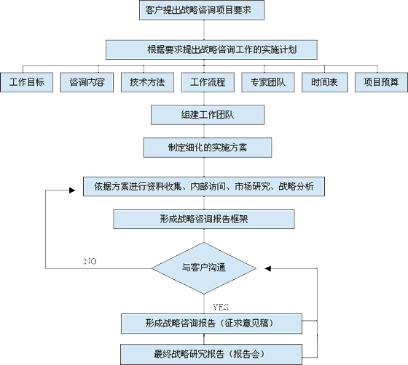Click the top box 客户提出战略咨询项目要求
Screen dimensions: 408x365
pyautogui.click(x=202, y=10)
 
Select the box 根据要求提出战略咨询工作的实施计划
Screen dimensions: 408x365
pyautogui.click(x=211, y=49)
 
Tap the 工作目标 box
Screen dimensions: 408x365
pyautogui.click(x=26, y=82)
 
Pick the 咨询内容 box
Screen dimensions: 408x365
pyautogui.click(x=87, y=82)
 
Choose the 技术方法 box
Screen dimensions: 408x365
pyautogui.click(x=147, y=82)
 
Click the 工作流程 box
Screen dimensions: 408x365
pyautogui.click(x=208, y=82)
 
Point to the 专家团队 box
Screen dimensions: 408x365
pyautogui.click(x=268, y=82)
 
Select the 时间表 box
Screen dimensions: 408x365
pyautogui.click(x=324, y=82)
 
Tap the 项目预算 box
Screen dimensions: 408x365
pyautogui.click(x=381, y=82)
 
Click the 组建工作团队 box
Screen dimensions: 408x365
pyautogui.click(x=208, y=115)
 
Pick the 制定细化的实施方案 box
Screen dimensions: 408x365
pyautogui.click(x=208, y=148)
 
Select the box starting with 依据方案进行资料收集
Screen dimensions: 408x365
pyautogui.click(x=204, y=186)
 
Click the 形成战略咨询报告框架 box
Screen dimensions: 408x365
pyautogui.click(x=204, y=219)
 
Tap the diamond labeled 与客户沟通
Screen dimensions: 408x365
pyautogui.click(x=204, y=268)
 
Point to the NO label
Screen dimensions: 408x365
pyautogui.click(x=90, y=261)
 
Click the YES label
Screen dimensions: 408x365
pyautogui.click(x=221, y=308)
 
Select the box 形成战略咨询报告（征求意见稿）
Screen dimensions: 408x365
pyautogui.click(x=211, y=324)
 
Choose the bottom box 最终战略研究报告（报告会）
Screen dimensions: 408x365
pyautogui.click(x=211, y=354)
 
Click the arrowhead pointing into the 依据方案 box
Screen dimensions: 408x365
pyautogui.click(x=72, y=190)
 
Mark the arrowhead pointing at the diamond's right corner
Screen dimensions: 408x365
pyautogui.click(x=268, y=268)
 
